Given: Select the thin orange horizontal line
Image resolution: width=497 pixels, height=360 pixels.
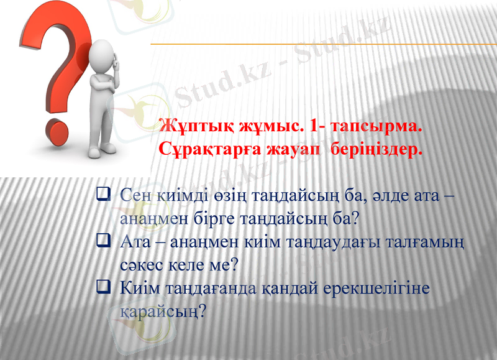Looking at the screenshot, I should pos(323,44).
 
